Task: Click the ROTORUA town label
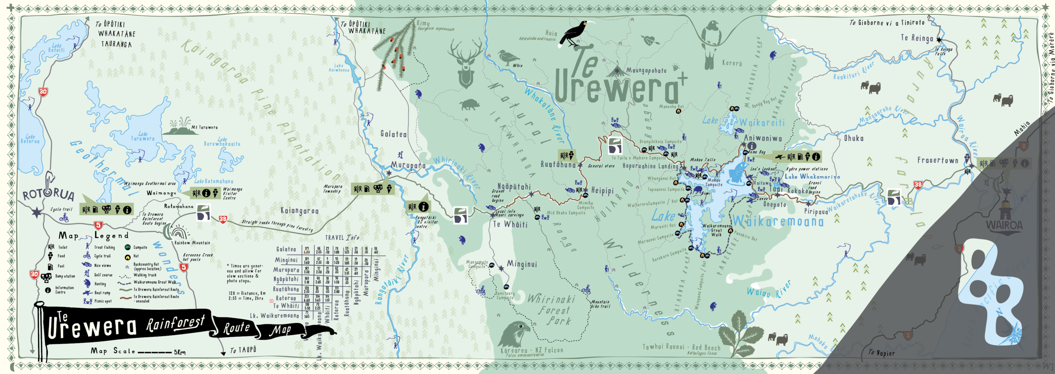pos(49,194)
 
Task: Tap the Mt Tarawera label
pos(204,127)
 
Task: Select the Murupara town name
pos(408,165)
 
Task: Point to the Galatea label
pos(393,134)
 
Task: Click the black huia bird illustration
pos(575,34)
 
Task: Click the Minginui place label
pos(522,264)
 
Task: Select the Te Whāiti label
pos(510,225)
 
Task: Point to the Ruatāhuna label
pos(558,165)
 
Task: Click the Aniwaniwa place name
pos(763,138)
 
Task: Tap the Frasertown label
pos(938,160)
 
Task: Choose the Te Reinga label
pos(917,38)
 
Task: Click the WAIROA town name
pos(1004,226)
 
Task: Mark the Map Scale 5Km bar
pos(154,352)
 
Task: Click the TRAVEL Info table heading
pos(342,238)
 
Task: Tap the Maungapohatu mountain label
pos(646,70)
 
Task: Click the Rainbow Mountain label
pos(192,243)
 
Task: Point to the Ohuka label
pos(853,138)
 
